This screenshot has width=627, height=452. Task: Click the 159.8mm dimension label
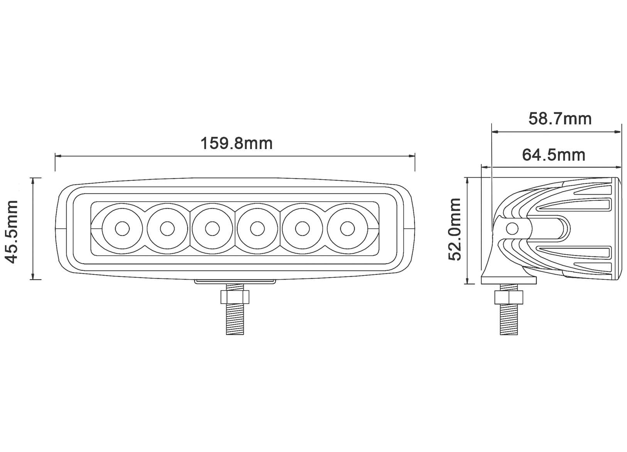pyautogui.click(x=236, y=143)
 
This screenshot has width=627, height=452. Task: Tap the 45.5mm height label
pyautogui.click(x=11, y=232)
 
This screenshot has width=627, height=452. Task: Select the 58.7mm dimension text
pyautogui.click(x=559, y=119)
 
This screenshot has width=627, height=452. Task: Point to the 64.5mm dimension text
pyautogui.click(x=553, y=155)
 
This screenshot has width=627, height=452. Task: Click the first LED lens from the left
pyautogui.click(x=122, y=229)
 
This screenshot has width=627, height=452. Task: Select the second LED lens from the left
pyautogui.click(x=167, y=229)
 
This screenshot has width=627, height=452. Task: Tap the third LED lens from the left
pyautogui.click(x=212, y=229)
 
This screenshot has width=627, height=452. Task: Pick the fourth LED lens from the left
pyautogui.click(x=257, y=229)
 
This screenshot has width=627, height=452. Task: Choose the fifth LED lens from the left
pyautogui.click(x=302, y=229)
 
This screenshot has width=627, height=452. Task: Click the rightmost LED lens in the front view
pyautogui.click(x=347, y=229)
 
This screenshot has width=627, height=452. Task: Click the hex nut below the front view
pyautogui.click(x=235, y=297)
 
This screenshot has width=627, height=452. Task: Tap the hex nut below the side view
pyautogui.click(x=509, y=298)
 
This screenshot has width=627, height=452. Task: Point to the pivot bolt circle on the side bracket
pyautogui.click(x=512, y=229)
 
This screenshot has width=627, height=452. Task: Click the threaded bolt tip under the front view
pyautogui.click(x=235, y=325)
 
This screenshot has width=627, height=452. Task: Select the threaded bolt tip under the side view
pyautogui.click(x=509, y=325)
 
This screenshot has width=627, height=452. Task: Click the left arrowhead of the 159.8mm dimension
pyautogui.click(x=58, y=156)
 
